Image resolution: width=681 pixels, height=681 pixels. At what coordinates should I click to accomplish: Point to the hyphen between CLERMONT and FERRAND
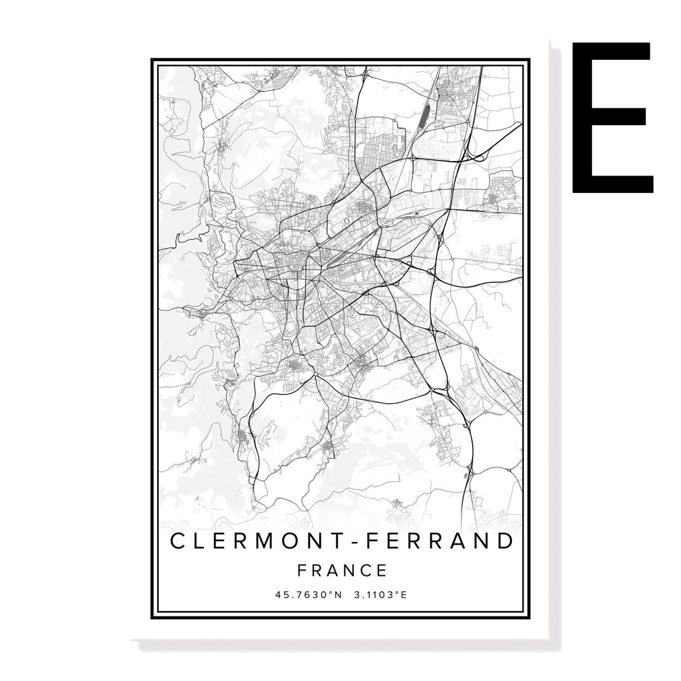(362, 542)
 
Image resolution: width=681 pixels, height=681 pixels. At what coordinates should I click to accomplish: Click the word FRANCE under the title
(342, 571)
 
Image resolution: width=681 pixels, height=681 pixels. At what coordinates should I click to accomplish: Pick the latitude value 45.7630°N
(308, 595)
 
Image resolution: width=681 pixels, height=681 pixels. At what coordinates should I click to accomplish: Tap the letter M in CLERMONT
(265, 541)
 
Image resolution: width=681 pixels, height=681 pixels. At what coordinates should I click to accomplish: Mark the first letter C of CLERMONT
(179, 541)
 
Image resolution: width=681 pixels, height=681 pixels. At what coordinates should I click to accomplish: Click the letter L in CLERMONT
(201, 541)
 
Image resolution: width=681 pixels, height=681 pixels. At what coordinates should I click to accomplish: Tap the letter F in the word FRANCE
(303, 571)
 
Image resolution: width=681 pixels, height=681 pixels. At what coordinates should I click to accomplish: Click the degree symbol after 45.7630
(330, 593)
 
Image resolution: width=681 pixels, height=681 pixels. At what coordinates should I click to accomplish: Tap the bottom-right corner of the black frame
(529, 618)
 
